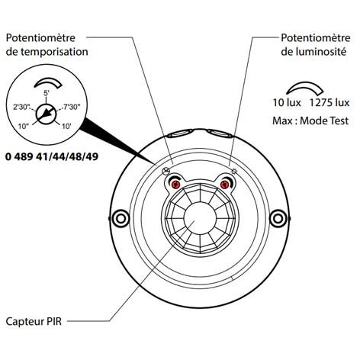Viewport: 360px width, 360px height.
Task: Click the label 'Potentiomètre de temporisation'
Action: (47, 45)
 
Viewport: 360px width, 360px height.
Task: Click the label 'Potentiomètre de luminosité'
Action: (316, 45)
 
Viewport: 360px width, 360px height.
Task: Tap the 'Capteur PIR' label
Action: (34, 321)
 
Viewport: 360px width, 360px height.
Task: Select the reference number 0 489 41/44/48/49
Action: (52, 156)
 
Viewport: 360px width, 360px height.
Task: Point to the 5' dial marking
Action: (46, 93)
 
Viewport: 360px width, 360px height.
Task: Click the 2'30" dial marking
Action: (22, 107)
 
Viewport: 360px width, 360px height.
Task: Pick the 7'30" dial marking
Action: (72, 107)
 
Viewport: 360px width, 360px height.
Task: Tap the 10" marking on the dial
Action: (24, 126)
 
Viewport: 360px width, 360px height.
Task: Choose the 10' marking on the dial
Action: (66, 126)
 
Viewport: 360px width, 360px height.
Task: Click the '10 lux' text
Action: (287, 103)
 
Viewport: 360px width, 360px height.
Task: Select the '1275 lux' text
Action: (329, 103)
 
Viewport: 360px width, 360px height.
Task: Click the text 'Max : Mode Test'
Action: (310, 121)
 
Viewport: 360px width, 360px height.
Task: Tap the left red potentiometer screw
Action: (175, 185)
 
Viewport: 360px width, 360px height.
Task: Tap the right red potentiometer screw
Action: (224, 185)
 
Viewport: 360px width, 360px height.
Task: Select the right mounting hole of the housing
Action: (278, 218)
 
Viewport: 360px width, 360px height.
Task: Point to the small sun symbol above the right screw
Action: (234, 171)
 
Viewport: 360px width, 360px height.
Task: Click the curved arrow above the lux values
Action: (305, 85)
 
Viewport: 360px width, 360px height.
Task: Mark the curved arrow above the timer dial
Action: (48, 82)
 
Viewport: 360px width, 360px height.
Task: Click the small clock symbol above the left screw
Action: (166, 172)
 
